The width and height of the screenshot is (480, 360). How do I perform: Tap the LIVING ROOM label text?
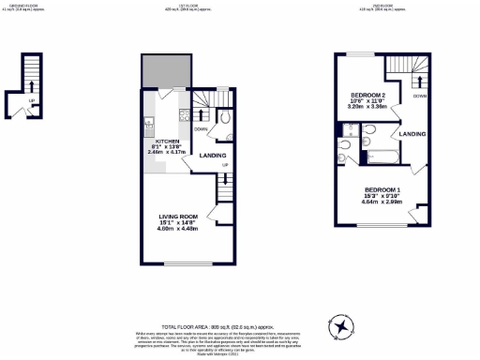coord(176,216)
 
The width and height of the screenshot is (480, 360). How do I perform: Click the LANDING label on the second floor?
coord(412,134)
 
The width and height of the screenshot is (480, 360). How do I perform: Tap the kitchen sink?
coord(148,122)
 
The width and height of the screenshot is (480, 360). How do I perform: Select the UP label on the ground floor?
coord(31,100)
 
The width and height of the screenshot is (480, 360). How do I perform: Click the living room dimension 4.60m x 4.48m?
coord(176,228)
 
